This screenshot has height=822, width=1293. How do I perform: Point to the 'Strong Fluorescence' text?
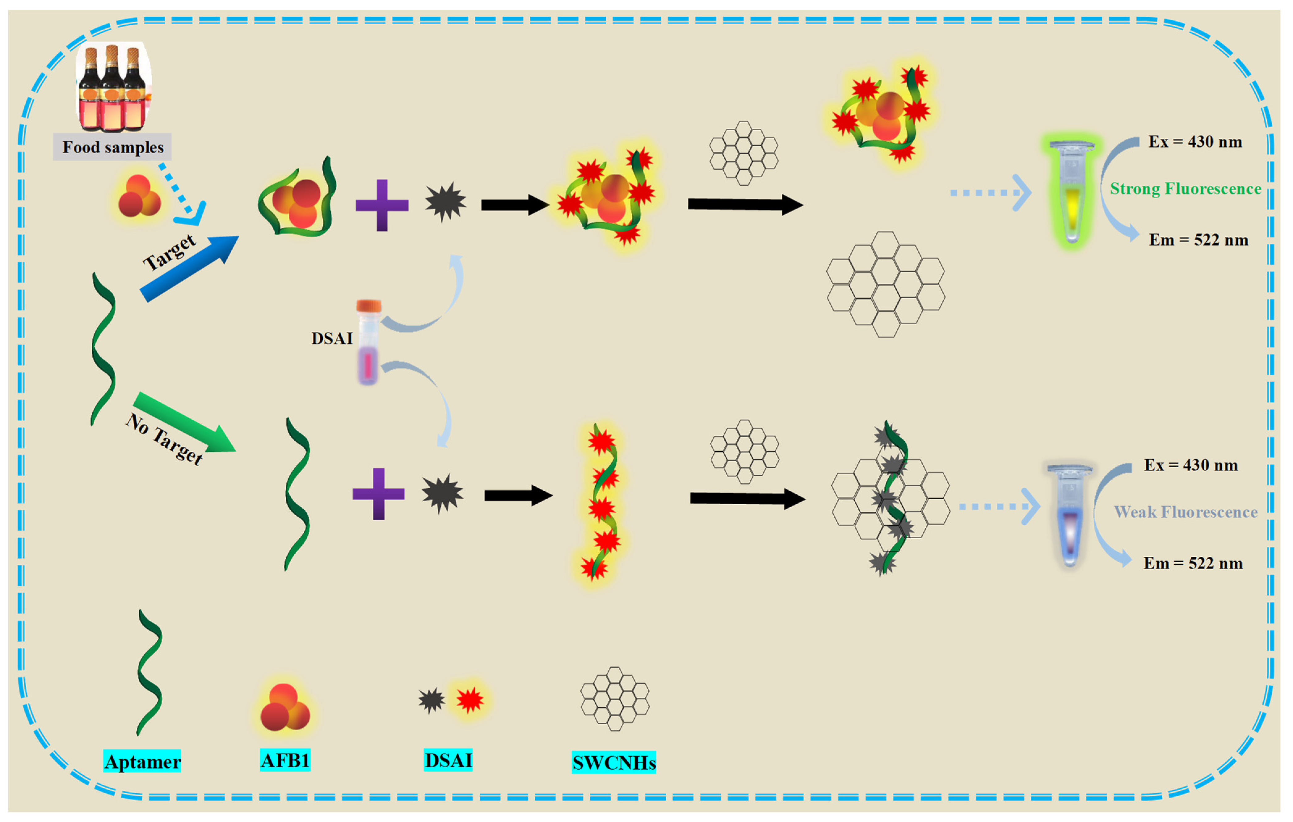click(1185, 189)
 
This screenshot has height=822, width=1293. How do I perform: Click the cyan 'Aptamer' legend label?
click(142, 761)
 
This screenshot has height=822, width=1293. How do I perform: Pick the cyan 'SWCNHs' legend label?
click(614, 762)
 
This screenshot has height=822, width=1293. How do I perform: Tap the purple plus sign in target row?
click(382, 205)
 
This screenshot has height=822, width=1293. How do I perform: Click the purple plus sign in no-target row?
click(379, 494)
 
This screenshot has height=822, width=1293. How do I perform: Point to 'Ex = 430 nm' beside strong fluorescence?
click(1195, 142)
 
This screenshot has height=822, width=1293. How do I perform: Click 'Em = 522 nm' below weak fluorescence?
click(1193, 563)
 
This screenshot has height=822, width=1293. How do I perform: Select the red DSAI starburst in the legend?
click(470, 700)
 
